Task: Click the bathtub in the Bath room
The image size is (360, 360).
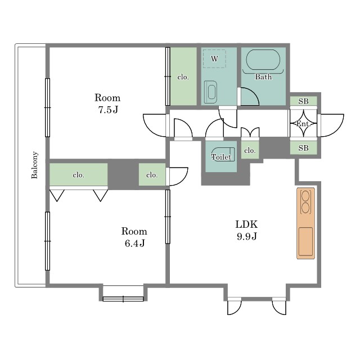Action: tap(263, 60)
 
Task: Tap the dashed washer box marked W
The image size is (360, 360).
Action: tap(214, 58)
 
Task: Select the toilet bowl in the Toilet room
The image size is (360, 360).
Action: tap(223, 154)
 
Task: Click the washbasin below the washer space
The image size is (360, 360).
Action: tap(210, 92)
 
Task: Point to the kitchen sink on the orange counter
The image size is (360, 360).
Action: tap(305, 241)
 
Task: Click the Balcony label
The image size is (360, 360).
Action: tap(34, 165)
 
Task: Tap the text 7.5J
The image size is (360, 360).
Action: tap(108, 110)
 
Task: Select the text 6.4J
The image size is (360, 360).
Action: tap(134, 243)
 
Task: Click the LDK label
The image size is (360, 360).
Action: tap(246, 224)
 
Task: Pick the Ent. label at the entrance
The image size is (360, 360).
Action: tap(303, 124)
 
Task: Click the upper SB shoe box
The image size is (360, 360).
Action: tap(304, 101)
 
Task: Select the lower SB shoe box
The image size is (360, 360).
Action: tap(304, 148)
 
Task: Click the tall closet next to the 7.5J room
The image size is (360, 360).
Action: tap(183, 76)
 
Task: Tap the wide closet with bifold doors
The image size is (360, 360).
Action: tap(79, 174)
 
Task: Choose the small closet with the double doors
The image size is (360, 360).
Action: tap(250, 150)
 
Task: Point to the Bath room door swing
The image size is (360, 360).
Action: tap(250, 96)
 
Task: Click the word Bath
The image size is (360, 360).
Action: tap(263, 76)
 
